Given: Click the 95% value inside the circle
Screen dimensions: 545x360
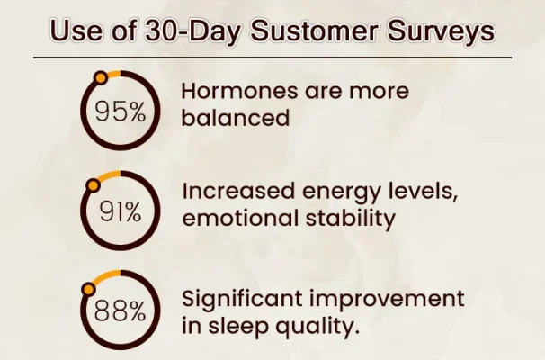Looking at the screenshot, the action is (121, 112).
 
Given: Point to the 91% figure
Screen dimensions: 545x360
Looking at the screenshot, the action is (121, 211).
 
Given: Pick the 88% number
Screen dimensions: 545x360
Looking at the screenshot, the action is (121, 310).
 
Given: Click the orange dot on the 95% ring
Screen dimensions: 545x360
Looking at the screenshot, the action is (101, 77).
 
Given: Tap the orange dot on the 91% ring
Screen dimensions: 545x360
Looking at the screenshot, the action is (94, 185).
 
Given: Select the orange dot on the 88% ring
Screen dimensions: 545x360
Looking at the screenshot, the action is (89, 289).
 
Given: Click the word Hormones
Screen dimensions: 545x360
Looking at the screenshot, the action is (240, 91).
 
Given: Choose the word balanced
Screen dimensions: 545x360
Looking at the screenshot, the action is (236, 118).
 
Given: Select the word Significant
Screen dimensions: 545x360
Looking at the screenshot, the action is (242, 300).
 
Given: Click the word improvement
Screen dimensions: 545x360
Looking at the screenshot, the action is (387, 300).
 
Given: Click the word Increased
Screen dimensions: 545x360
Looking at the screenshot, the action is (239, 192).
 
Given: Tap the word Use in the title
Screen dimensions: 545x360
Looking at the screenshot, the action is (76, 31).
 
